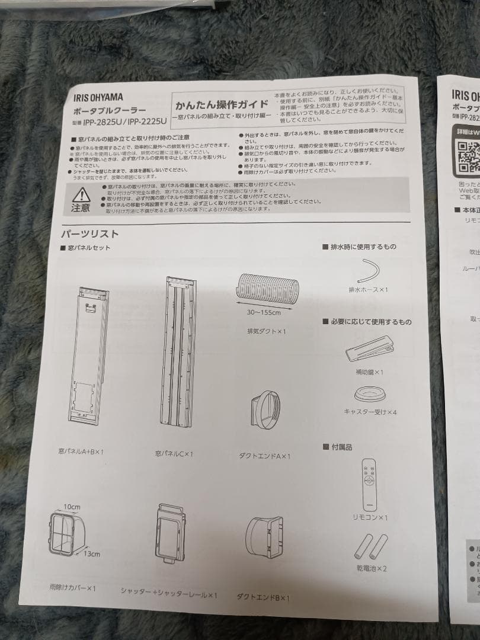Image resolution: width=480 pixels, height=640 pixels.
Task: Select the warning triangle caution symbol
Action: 82,194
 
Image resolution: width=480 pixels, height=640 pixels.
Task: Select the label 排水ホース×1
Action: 368,290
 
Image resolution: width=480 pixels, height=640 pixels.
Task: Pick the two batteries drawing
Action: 370,546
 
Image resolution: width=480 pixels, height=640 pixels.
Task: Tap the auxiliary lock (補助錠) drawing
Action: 370,349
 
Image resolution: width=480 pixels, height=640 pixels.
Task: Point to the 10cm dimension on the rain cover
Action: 72,507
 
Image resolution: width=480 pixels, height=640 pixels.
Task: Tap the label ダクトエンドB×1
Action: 263,597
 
